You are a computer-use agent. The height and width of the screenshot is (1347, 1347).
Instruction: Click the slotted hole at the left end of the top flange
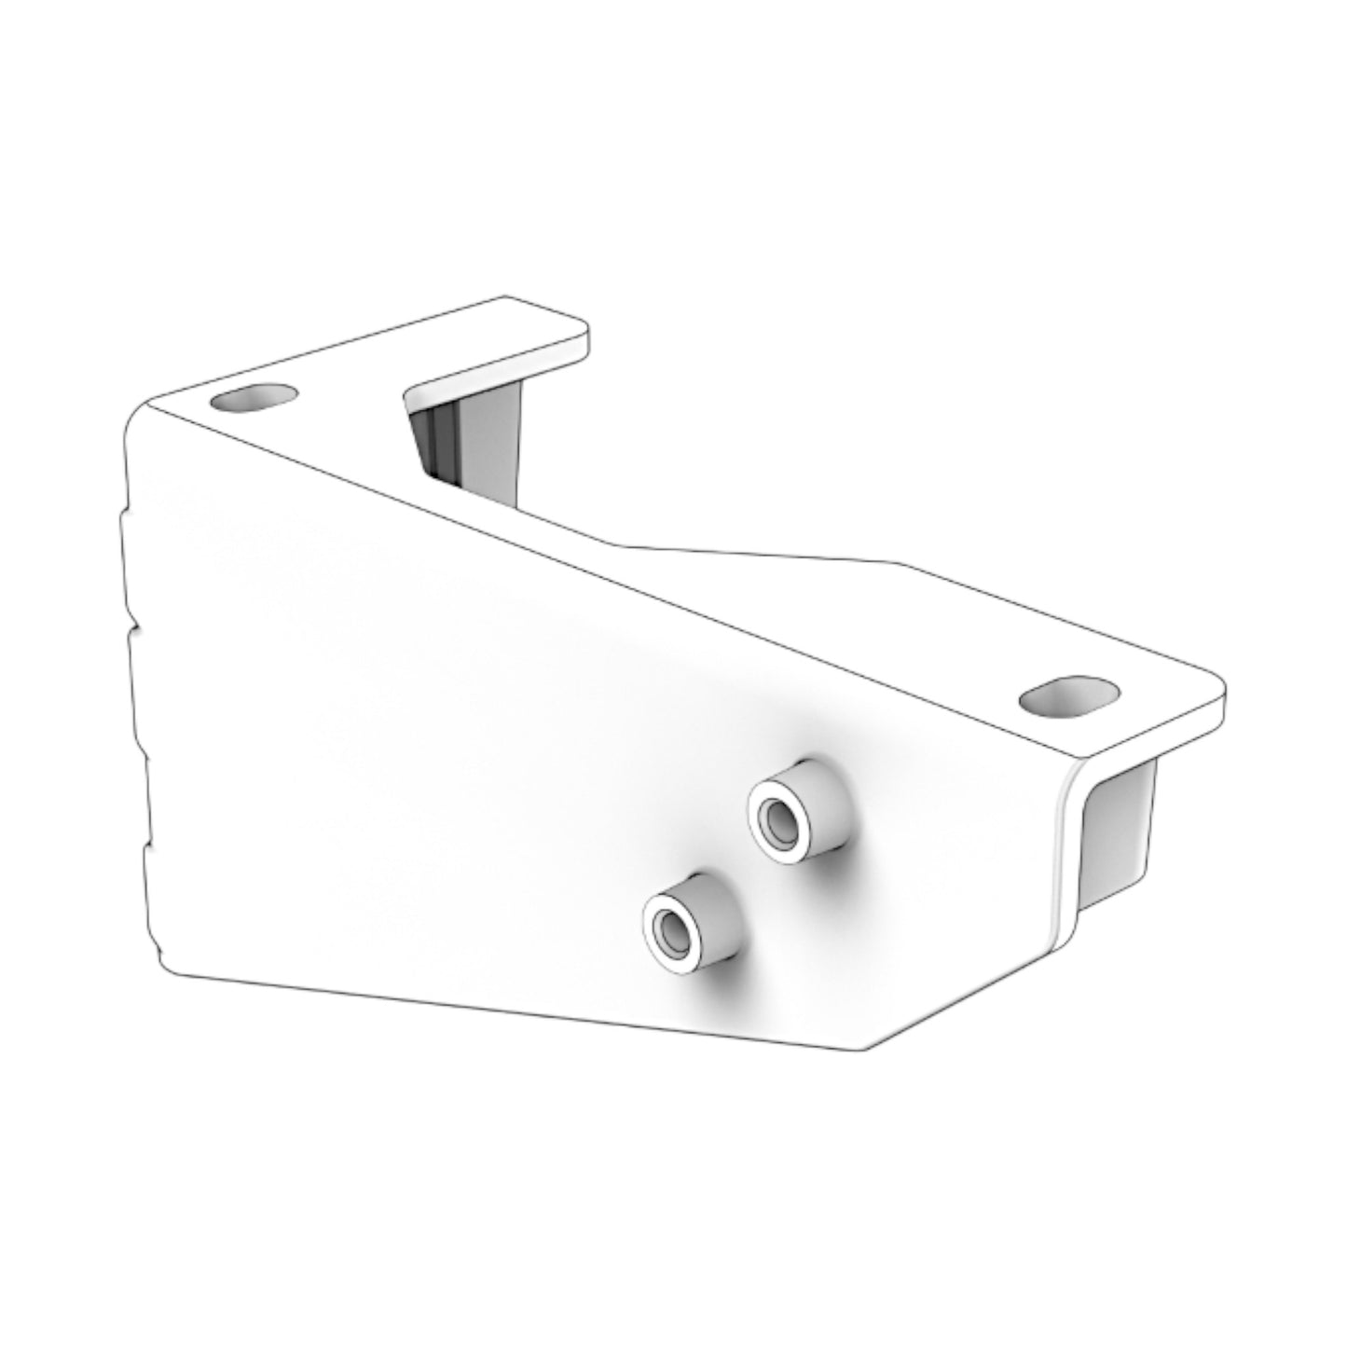[254, 398]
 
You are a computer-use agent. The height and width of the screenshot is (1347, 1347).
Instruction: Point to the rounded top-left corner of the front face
[140, 415]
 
